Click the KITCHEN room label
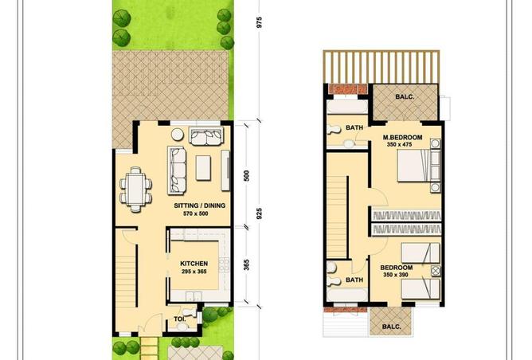194,264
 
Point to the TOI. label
179,320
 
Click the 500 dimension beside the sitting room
247,176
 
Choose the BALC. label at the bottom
390,326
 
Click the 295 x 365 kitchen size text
194,272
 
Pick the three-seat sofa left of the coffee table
176,165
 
